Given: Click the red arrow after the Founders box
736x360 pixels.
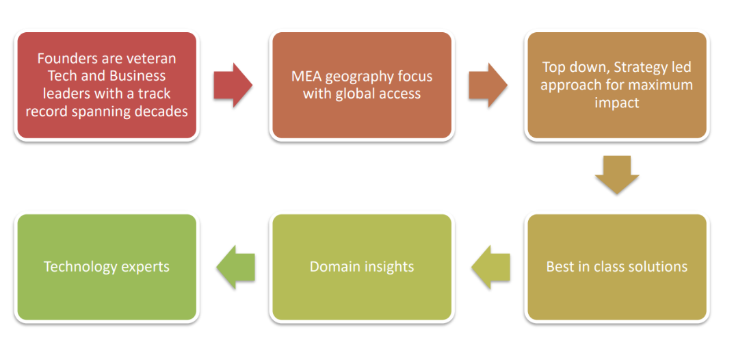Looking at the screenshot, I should pyautogui.click(x=233, y=86).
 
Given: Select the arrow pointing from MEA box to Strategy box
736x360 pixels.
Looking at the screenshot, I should pyautogui.click(x=487, y=86).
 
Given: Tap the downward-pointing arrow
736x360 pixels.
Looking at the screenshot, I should pyautogui.click(x=616, y=175).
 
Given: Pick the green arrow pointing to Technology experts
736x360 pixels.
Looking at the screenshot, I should pyautogui.click(x=236, y=267).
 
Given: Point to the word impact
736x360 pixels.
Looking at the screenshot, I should pyautogui.click(x=616, y=103).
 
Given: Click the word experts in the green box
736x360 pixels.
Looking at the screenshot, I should pyautogui.click(x=146, y=267).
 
